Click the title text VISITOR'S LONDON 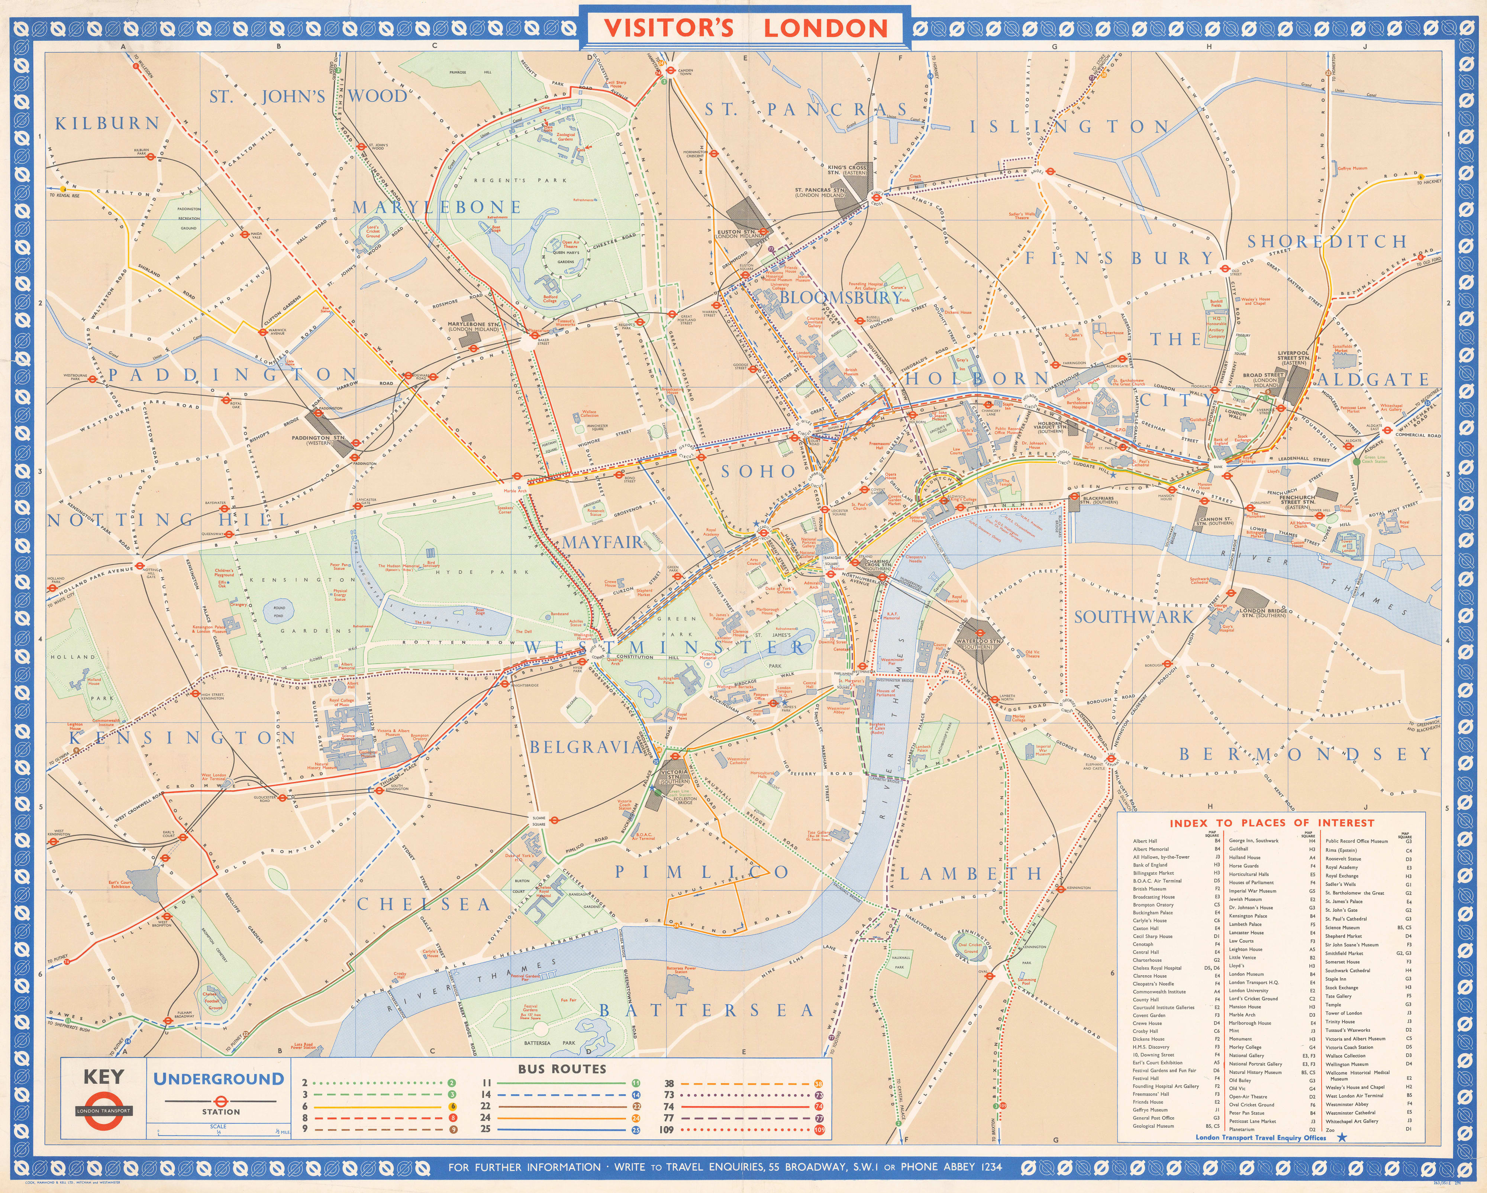pos(745,28)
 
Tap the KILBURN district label pos(107,123)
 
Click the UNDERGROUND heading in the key pos(219,1079)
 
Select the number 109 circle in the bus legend pos(819,1130)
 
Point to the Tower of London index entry pos(1343,1013)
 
